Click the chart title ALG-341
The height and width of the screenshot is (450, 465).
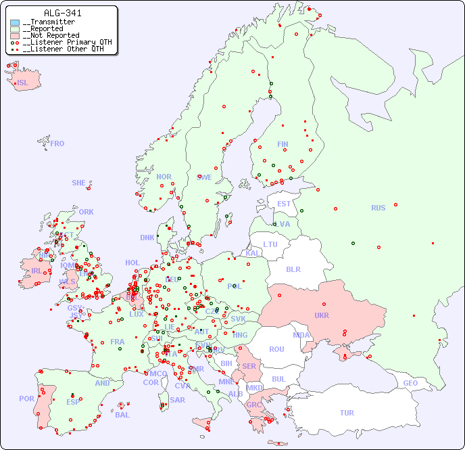[63, 13]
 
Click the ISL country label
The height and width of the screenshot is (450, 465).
[23, 83]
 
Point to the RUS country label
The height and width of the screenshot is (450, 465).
[378, 208]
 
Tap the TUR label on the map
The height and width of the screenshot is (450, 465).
[347, 413]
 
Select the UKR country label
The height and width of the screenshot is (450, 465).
[322, 315]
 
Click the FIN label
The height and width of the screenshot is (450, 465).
[283, 144]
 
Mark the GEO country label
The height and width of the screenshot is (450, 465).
[410, 383]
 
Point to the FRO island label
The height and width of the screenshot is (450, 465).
[57, 143]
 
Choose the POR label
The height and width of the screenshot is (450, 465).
[26, 399]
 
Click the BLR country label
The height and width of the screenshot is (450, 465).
[293, 269]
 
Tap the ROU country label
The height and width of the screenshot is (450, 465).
[276, 349]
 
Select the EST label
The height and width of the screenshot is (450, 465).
[284, 204]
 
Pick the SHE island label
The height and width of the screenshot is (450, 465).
[78, 183]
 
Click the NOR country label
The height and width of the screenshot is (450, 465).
[164, 177]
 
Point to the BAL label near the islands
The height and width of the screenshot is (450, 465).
[122, 415]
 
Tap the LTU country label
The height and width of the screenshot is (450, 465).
[270, 244]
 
